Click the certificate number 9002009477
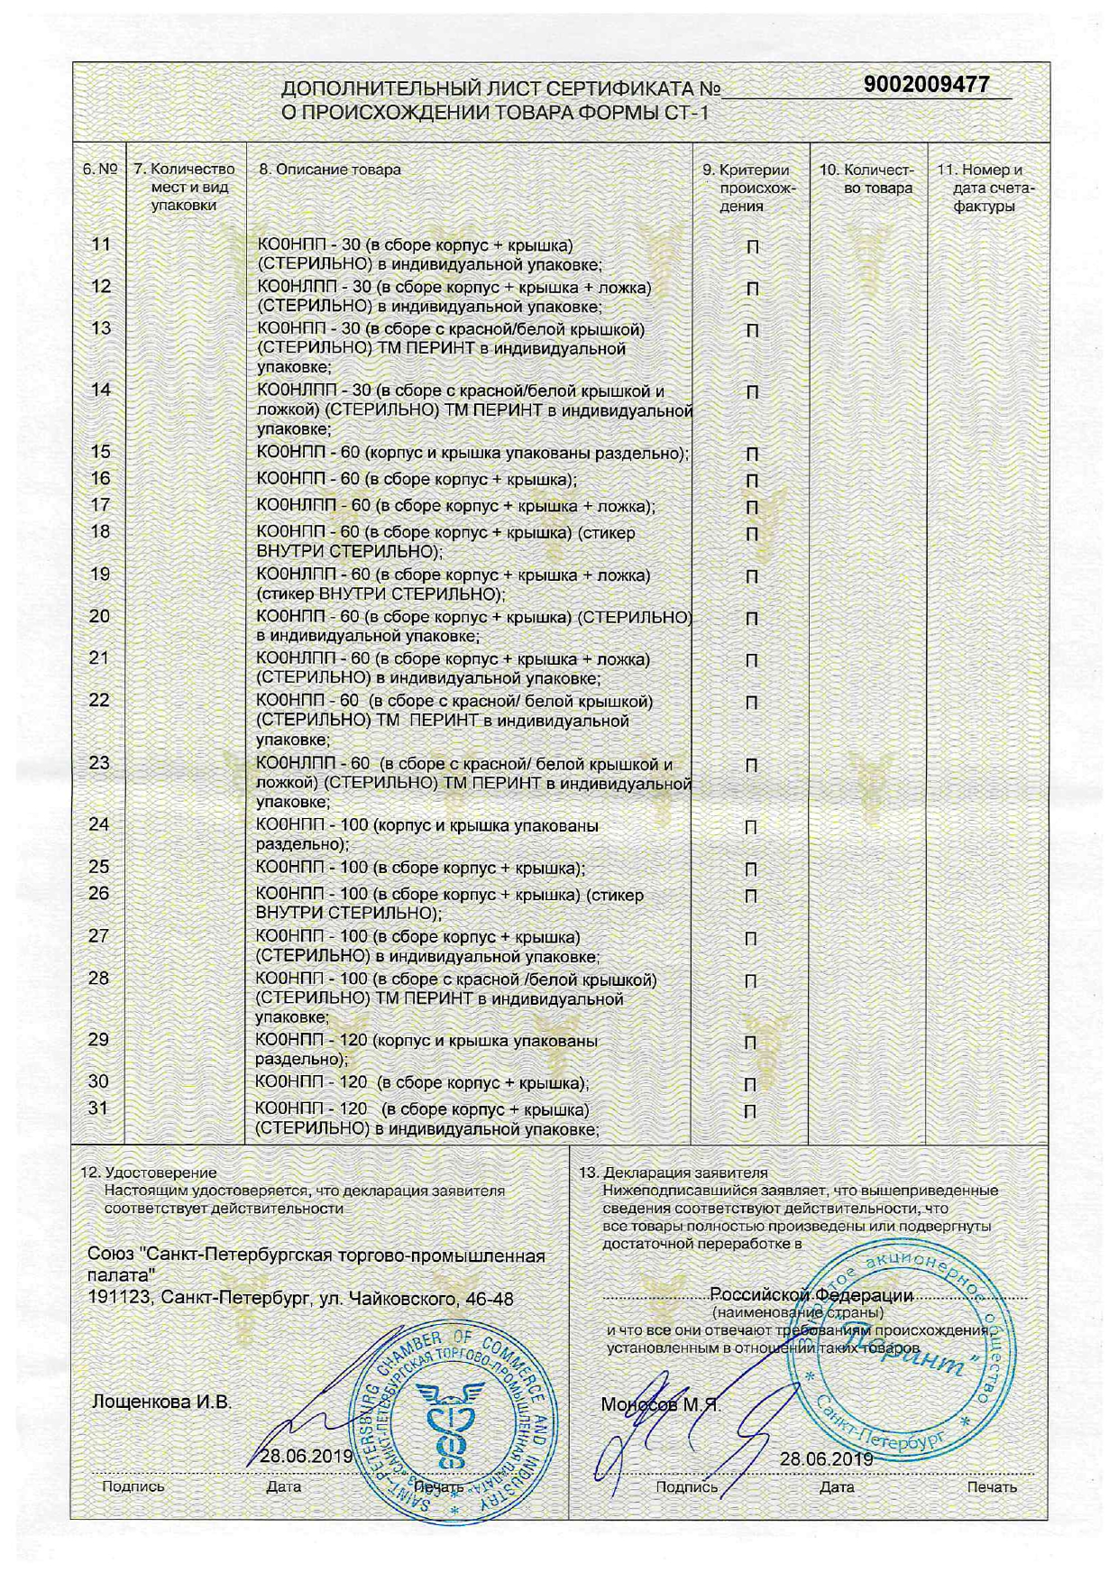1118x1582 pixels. coord(926,85)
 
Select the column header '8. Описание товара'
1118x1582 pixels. coord(330,170)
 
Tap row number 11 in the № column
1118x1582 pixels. coord(101,244)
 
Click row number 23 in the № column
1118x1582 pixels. coord(100,763)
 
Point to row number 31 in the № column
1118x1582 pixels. coord(98,1108)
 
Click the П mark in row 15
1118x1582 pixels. coord(753,454)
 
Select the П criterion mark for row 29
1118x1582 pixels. coord(750,1043)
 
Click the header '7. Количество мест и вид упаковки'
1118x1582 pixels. coord(185,188)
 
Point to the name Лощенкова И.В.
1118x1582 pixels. coord(161,1403)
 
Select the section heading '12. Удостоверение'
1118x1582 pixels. coord(150,1173)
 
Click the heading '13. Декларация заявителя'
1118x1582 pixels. coord(674,1173)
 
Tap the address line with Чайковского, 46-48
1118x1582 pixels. coord(300,1299)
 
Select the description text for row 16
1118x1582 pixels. coord(417,479)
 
